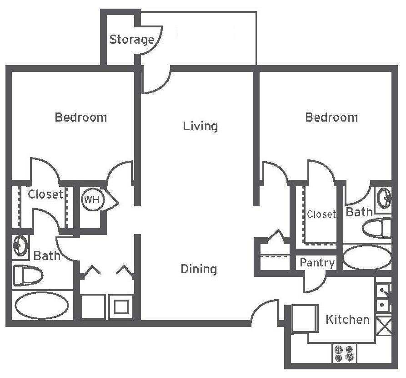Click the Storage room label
coord(131,40)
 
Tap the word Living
coord(200,126)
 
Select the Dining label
coord(199,269)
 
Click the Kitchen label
coord(347,319)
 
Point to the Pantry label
coord(317,263)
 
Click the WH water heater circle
coord(93,199)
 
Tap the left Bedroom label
coord(81,117)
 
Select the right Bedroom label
coord(331,117)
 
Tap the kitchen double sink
coord(383,297)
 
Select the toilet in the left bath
coord(28,275)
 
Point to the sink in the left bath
coord(20,246)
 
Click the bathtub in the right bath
coord(366,258)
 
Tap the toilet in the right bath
coord(378,228)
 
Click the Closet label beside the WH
coord(45,194)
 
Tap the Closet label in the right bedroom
coord(321,214)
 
